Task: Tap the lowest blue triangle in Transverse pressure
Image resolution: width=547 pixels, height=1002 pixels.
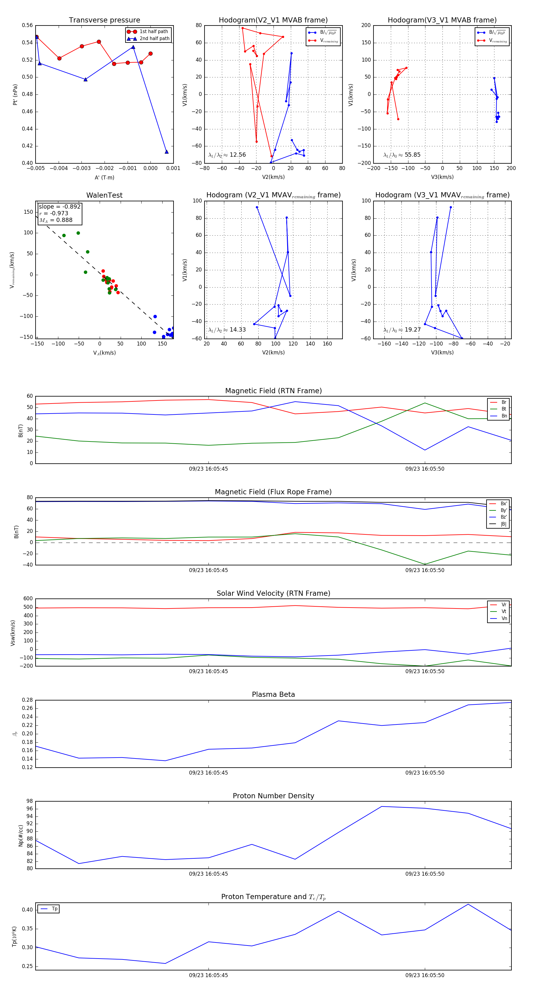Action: tap(167, 152)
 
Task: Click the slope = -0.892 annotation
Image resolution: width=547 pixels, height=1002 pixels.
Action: tap(60, 206)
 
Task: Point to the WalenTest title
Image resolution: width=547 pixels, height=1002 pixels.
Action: tap(104, 195)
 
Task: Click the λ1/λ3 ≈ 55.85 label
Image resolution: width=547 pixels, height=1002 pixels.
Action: tap(402, 155)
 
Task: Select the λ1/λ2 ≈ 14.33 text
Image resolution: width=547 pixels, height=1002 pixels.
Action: tap(227, 330)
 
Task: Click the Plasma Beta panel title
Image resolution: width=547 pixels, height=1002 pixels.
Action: tap(273, 695)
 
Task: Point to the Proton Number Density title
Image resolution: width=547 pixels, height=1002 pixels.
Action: tap(273, 796)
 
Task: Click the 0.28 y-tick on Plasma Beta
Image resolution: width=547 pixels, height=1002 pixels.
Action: tap(27, 700)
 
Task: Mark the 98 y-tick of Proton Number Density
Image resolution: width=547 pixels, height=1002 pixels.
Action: tap(29, 801)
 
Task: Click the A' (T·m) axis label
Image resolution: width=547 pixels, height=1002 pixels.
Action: tap(104, 177)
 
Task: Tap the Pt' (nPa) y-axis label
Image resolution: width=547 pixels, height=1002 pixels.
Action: tap(15, 94)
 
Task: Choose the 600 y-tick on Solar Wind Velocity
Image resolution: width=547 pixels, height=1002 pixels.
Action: tap(28, 599)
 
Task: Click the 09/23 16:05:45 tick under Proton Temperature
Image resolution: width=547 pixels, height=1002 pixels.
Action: tap(208, 975)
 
